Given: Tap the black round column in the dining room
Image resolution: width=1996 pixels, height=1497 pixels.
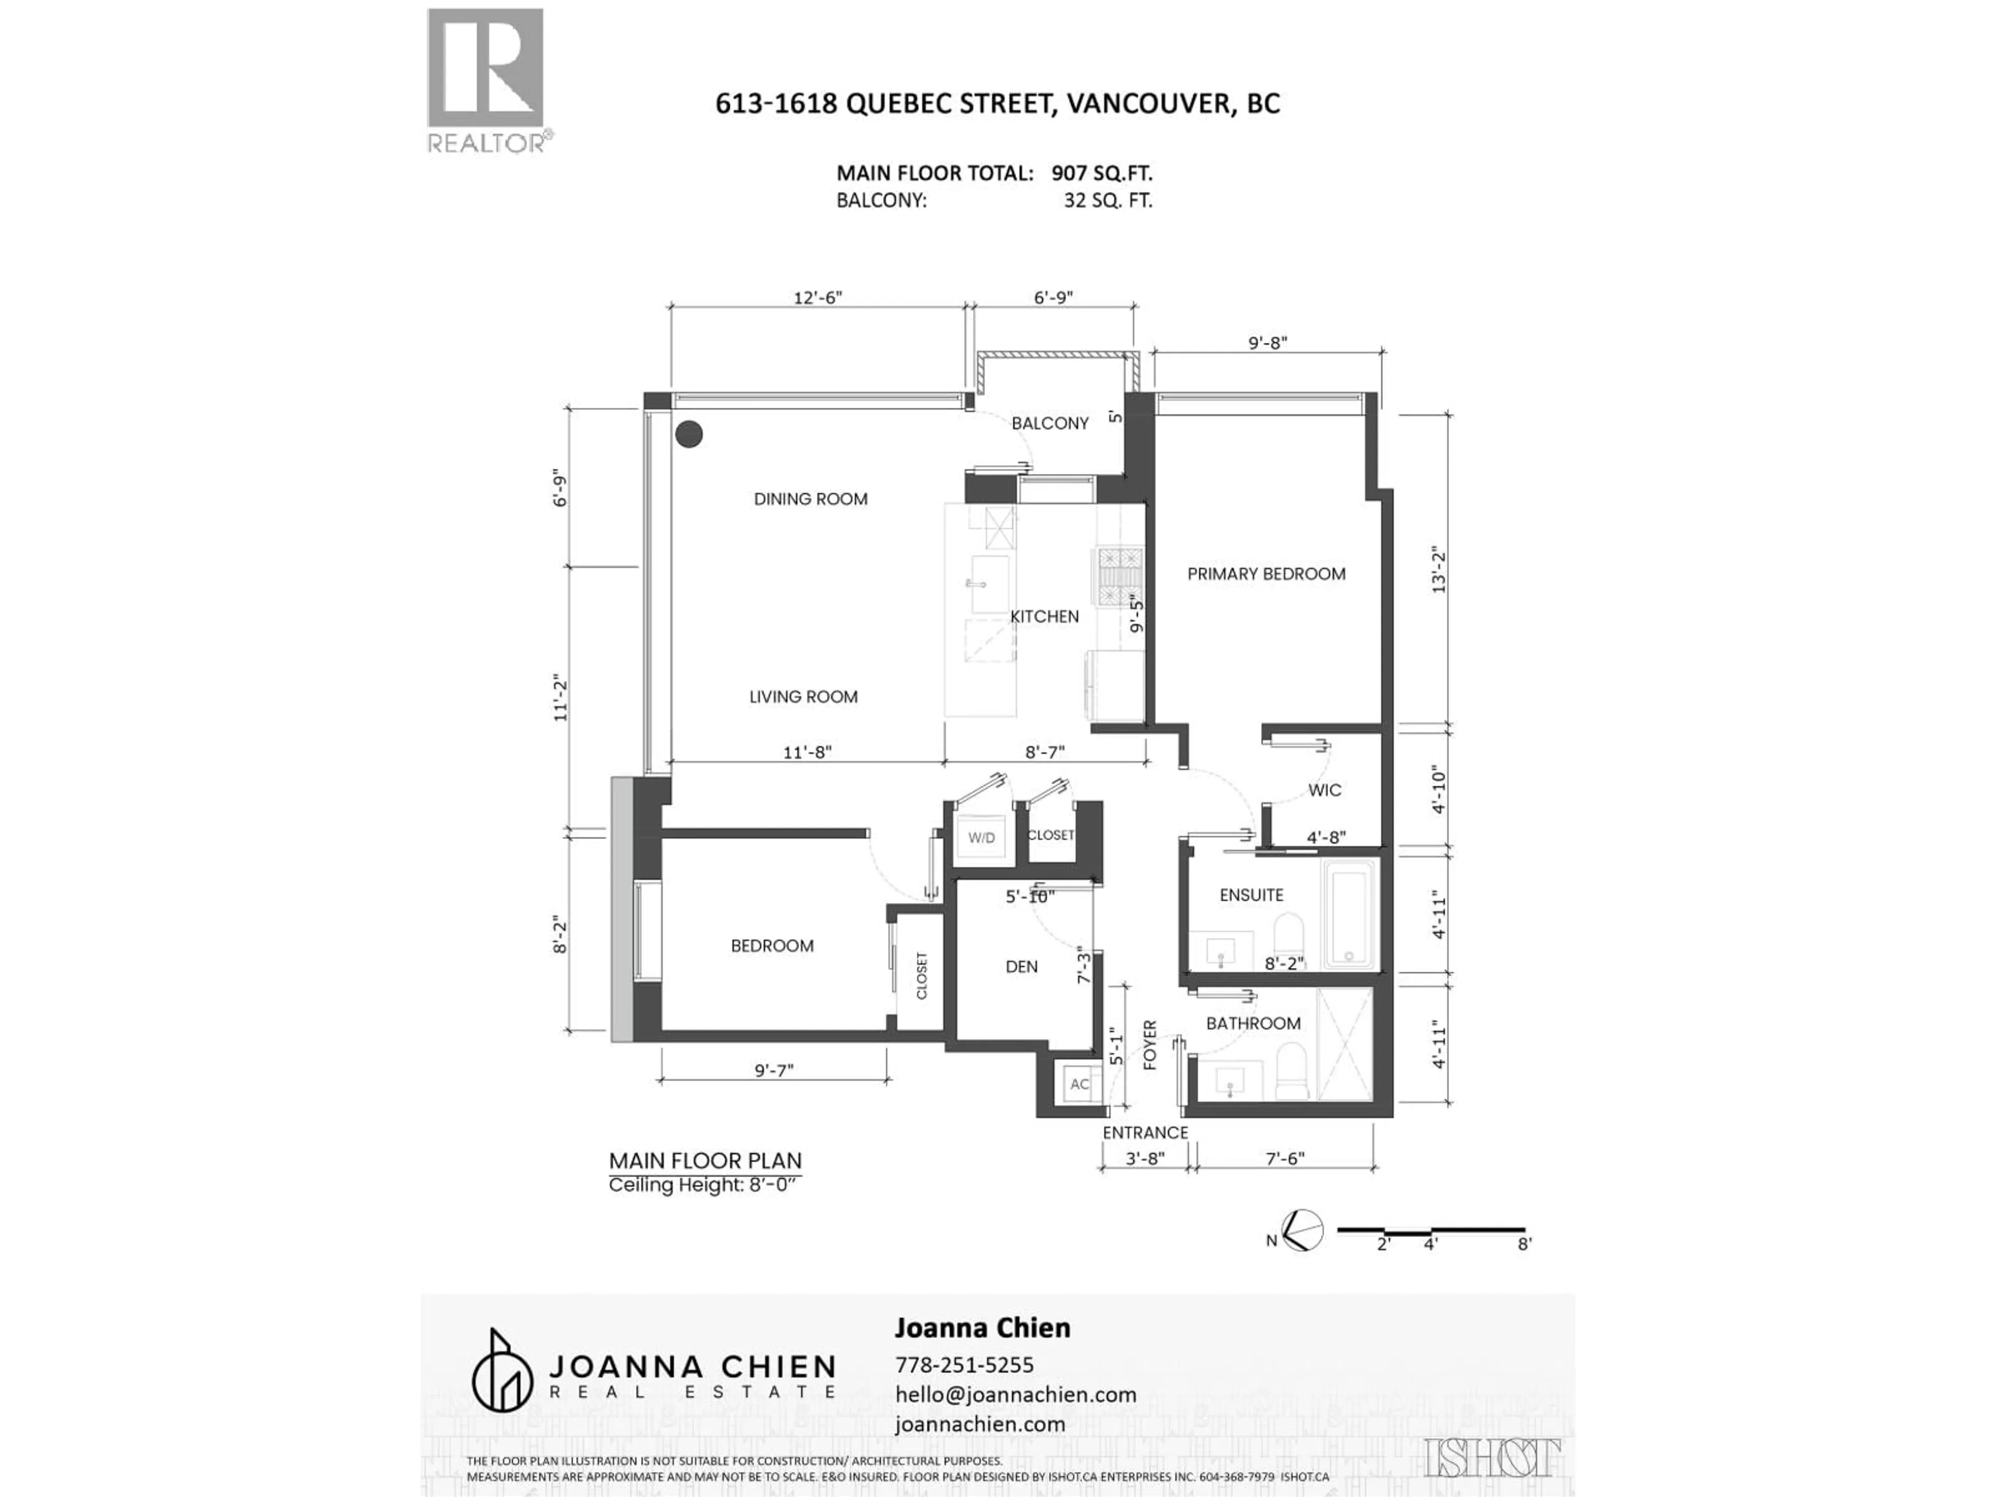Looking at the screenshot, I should click(x=689, y=434).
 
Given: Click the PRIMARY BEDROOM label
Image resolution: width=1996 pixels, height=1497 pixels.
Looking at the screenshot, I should click(x=1266, y=574).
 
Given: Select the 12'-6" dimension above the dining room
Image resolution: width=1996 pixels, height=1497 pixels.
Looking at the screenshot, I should click(x=818, y=298).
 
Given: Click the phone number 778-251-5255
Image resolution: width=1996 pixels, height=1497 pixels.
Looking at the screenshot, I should click(x=964, y=1364).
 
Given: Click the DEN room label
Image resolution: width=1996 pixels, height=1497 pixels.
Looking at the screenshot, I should click(x=1021, y=966).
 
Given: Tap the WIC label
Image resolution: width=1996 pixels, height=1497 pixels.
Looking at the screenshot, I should click(x=1324, y=791).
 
